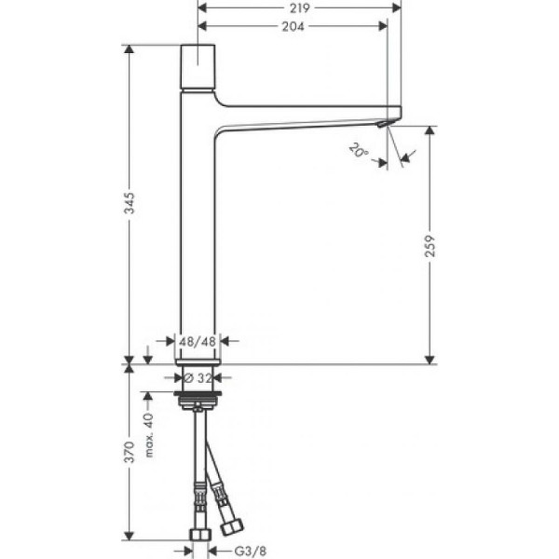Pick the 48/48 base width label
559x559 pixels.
tap(198, 342)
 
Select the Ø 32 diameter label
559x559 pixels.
tap(198, 378)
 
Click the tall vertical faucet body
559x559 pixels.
tap(197, 224)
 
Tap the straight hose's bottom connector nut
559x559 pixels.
tap(198, 536)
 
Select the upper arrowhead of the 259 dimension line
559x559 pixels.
tap(429, 131)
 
